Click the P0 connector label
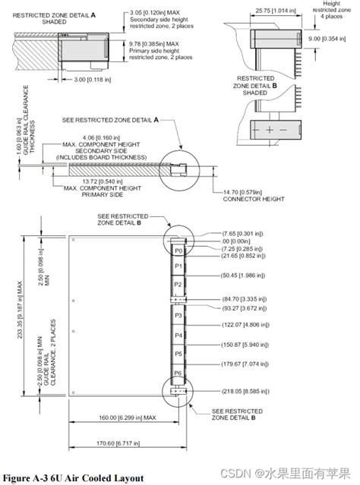(x=178, y=248)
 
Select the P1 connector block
(x=178, y=266)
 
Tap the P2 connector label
(x=178, y=285)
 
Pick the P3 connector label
(x=178, y=314)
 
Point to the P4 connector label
(x=178, y=335)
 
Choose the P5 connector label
(x=178, y=354)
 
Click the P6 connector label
(x=178, y=373)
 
